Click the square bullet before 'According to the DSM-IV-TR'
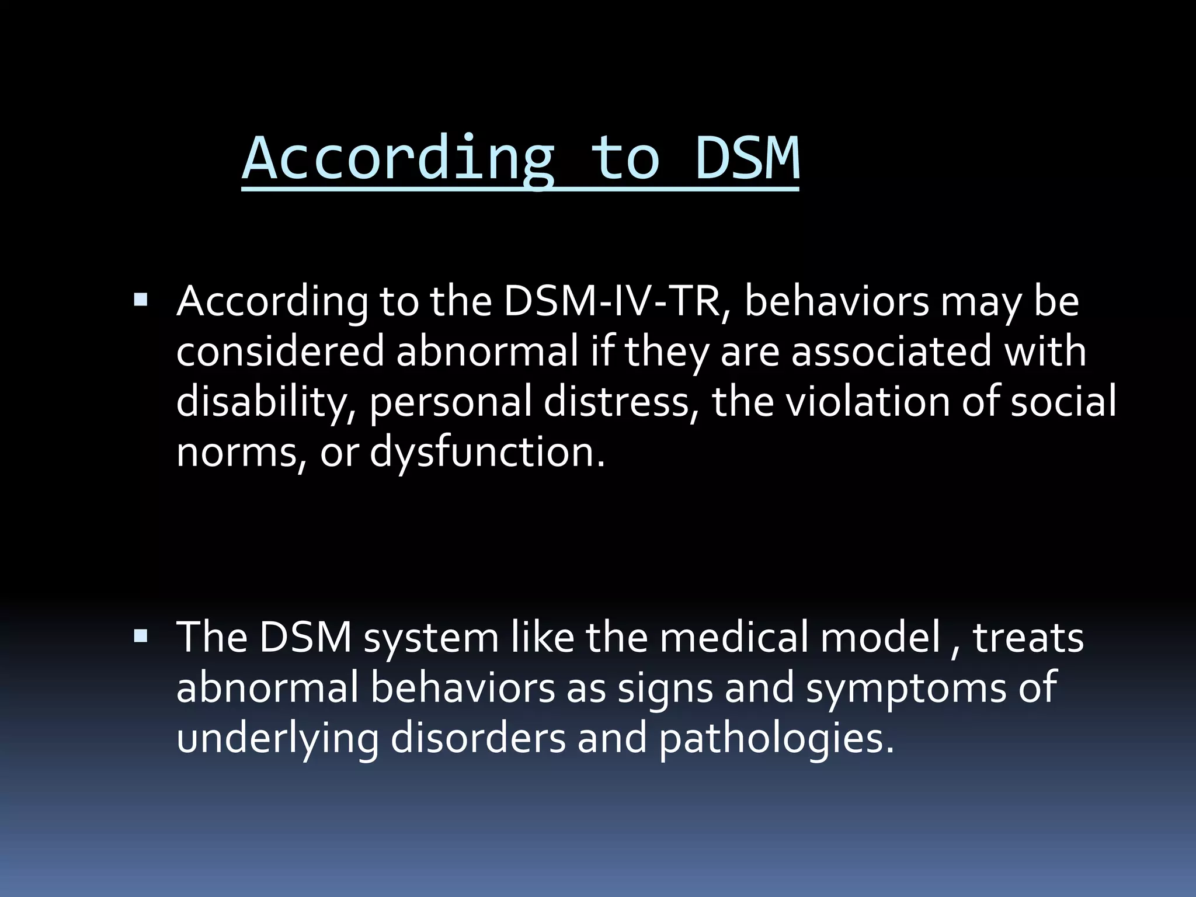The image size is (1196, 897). [x=141, y=301]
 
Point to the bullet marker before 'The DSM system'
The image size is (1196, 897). [x=141, y=636]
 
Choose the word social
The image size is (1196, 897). [x=1063, y=402]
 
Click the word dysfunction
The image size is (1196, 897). [x=487, y=453]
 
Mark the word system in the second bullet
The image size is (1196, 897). [x=431, y=638]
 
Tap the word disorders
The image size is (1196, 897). [x=478, y=738]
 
